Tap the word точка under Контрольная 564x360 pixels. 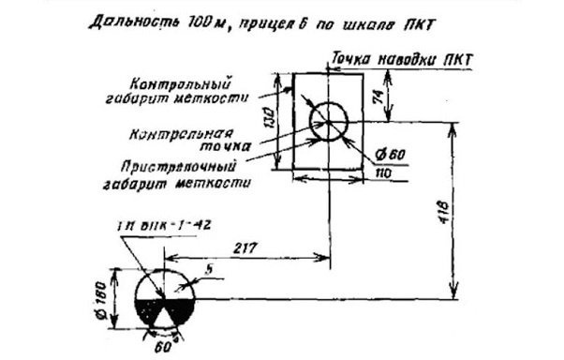point(225,146)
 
